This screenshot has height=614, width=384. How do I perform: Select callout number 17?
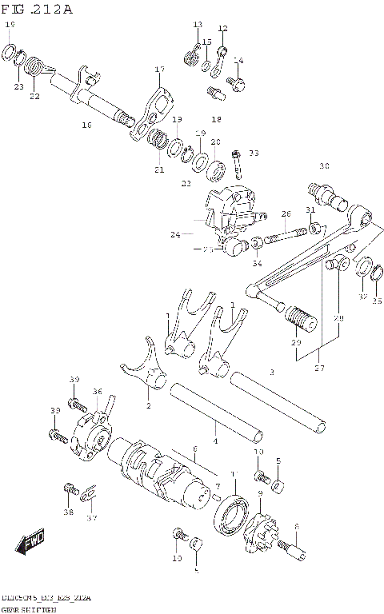159,70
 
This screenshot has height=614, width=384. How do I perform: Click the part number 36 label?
97,391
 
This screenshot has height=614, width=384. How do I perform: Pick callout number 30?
324,166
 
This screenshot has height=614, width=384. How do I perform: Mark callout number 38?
69,512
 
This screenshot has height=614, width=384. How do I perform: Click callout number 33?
254,153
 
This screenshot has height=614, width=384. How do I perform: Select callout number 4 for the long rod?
214,441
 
